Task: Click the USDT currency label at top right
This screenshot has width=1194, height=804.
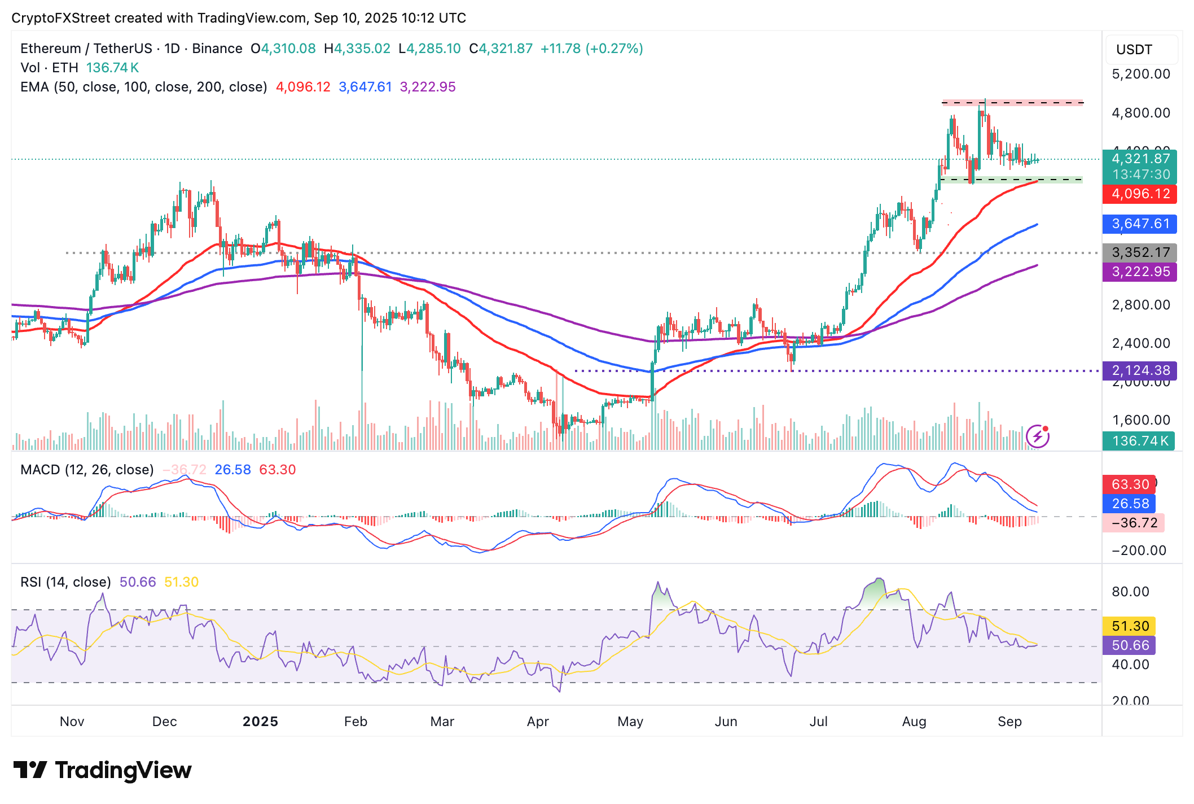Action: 1134,50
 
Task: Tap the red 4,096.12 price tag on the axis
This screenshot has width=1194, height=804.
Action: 1139,194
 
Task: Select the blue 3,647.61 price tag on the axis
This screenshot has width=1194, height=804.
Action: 1139,224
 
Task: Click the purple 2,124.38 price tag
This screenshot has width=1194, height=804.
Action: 1139,371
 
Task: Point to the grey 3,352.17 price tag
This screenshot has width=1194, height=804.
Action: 1139,252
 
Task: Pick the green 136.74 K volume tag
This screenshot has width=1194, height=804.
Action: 1138,441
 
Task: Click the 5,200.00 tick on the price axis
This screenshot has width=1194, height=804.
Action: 1140,74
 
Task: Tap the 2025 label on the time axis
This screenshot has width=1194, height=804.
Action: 260,722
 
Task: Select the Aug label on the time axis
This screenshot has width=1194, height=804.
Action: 914,722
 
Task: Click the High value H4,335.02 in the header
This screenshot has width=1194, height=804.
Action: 357,49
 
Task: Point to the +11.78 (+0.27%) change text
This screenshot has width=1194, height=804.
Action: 591,49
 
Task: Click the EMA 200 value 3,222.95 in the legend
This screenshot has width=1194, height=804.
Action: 427,87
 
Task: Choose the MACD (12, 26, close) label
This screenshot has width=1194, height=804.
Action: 87,470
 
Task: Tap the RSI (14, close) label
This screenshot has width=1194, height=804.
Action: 65,582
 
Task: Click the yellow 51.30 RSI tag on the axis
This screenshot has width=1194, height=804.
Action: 1129,626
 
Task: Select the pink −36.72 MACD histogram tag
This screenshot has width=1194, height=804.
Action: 1133,523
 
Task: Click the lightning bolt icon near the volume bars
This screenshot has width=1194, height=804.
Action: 1037,436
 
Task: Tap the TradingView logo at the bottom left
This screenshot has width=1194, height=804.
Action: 102,771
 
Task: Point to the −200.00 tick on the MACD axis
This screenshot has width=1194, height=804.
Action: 1138,550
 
